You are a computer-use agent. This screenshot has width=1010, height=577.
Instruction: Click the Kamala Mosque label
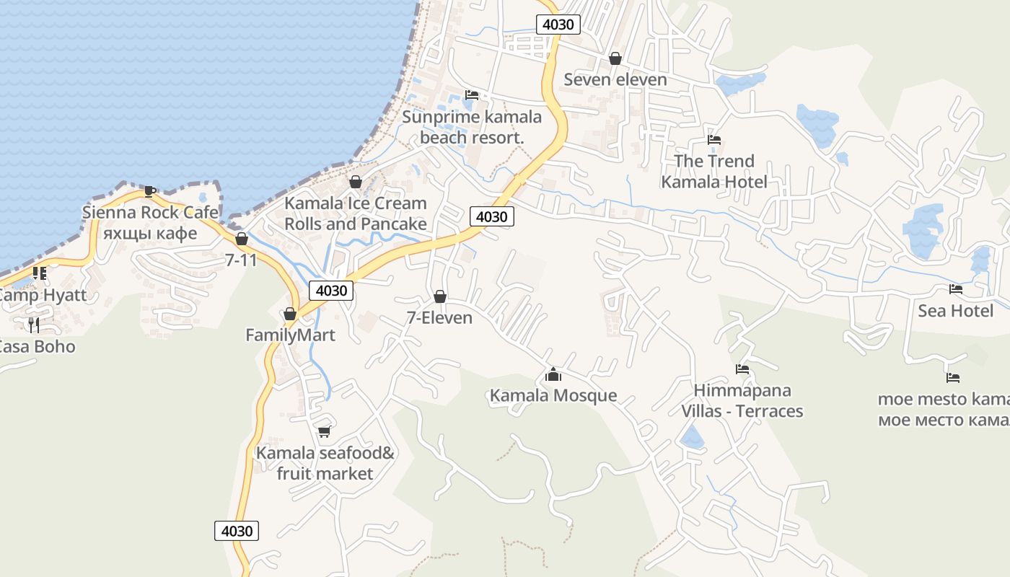(553, 395)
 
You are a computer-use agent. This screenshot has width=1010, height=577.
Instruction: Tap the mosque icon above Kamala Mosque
(553, 374)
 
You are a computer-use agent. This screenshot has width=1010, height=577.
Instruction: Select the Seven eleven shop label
(615, 79)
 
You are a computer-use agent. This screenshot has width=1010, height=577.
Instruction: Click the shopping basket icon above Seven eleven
(615, 58)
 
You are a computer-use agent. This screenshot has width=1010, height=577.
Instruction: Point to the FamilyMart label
(290, 335)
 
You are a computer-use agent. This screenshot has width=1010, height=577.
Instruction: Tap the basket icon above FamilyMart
(290, 314)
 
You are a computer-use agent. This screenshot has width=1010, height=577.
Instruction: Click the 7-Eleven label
(439, 318)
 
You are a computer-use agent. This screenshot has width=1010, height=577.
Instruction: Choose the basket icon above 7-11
(242, 239)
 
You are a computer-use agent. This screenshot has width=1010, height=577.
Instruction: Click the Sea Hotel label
(955, 311)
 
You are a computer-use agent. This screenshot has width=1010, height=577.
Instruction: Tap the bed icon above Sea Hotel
(956, 289)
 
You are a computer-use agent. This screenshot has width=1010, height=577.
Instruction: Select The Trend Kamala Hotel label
(714, 172)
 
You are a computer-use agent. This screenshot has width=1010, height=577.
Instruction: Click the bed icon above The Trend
(714, 139)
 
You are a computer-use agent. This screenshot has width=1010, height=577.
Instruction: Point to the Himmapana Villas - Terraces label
(742, 401)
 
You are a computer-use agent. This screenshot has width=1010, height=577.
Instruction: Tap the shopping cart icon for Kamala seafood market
(325, 431)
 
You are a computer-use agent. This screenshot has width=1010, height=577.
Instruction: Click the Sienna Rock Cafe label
(150, 212)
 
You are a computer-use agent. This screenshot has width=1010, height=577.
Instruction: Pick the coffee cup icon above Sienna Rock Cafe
(149, 191)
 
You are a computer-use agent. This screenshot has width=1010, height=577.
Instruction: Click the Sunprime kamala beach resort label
(472, 127)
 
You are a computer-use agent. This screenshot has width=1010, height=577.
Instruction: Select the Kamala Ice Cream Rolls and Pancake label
(355, 213)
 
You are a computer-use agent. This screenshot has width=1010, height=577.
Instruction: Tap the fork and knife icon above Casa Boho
(33, 325)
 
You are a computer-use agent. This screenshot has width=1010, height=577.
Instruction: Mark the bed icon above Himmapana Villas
(742, 369)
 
